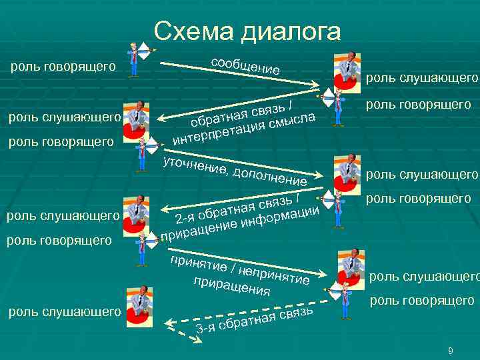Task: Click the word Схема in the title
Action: click(x=193, y=31)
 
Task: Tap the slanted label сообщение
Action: click(x=245, y=64)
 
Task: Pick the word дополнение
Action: click(x=269, y=176)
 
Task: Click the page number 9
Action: click(x=451, y=351)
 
